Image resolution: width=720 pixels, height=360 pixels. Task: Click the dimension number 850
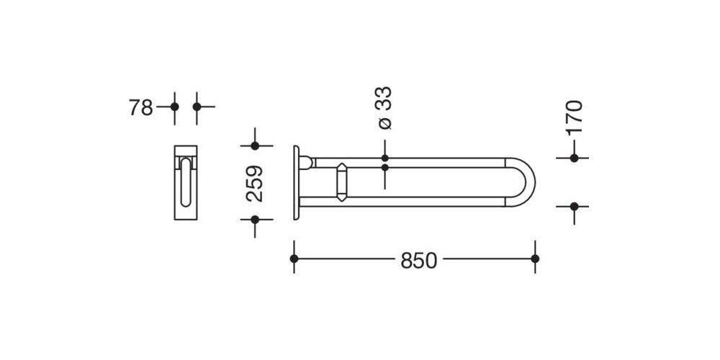coord(418,261)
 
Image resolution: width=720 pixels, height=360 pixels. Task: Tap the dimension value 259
coord(254,183)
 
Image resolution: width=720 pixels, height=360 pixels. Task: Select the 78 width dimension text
coord(140,108)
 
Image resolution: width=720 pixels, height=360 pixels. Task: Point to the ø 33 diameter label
coord(384,108)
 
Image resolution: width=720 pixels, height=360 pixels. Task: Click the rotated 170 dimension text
coord(574,117)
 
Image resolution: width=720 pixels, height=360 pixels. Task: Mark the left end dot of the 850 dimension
coord(294,258)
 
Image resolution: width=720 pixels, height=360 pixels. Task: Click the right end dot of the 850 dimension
coord(534,258)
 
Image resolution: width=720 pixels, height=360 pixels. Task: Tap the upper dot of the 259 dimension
coord(254,146)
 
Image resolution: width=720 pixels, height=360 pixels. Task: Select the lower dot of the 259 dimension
coord(254,219)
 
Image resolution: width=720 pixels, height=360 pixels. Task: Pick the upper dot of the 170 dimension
coord(574,158)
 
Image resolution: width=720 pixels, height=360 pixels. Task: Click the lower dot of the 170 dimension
coord(574,207)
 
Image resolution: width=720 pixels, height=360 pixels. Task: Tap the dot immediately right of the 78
coord(174,107)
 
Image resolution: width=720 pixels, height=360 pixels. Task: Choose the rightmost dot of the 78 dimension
coord(197,107)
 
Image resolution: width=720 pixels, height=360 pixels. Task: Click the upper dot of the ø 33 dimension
coord(384,158)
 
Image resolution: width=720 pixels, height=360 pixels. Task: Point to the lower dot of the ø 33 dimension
coord(384,168)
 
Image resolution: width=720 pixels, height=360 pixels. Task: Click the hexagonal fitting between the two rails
coord(341,182)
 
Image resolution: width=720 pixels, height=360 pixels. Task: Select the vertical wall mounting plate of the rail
coord(296,182)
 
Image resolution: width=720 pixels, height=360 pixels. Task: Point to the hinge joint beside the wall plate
coord(307,163)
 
